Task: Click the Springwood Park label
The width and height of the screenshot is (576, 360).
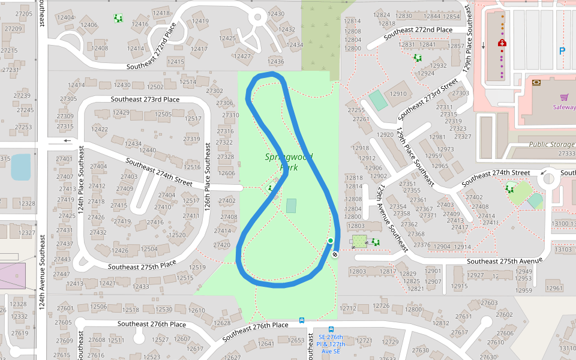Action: click(x=289, y=162)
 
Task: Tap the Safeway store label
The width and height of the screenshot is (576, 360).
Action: click(x=564, y=107)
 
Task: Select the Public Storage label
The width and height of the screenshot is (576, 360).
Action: click(x=551, y=145)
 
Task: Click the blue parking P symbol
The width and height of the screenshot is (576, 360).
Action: click(x=562, y=52)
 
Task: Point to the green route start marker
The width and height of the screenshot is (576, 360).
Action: click(x=330, y=241)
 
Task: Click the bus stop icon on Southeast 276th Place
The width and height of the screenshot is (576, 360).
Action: click(x=301, y=320)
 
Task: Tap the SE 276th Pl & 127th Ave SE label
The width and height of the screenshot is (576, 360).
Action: click(x=331, y=344)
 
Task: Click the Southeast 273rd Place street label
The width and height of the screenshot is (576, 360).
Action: click(x=145, y=100)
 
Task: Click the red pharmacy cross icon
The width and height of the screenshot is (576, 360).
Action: click(x=502, y=43)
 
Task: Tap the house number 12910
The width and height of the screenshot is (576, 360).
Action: click(x=398, y=94)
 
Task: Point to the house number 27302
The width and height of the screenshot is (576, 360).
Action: click(x=214, y=91)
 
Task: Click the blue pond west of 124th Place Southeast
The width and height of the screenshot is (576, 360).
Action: click(x=20, y=167)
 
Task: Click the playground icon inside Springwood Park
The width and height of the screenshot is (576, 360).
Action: click(x=269, y=188)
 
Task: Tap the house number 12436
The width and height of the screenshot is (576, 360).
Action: click(x=275, y=62)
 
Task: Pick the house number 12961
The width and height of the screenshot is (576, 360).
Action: click(x=554, y=288)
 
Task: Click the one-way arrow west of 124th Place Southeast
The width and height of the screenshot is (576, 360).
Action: click(x=67, y=141)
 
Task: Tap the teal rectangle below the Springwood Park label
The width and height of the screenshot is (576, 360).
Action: click(x=291, y=205)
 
